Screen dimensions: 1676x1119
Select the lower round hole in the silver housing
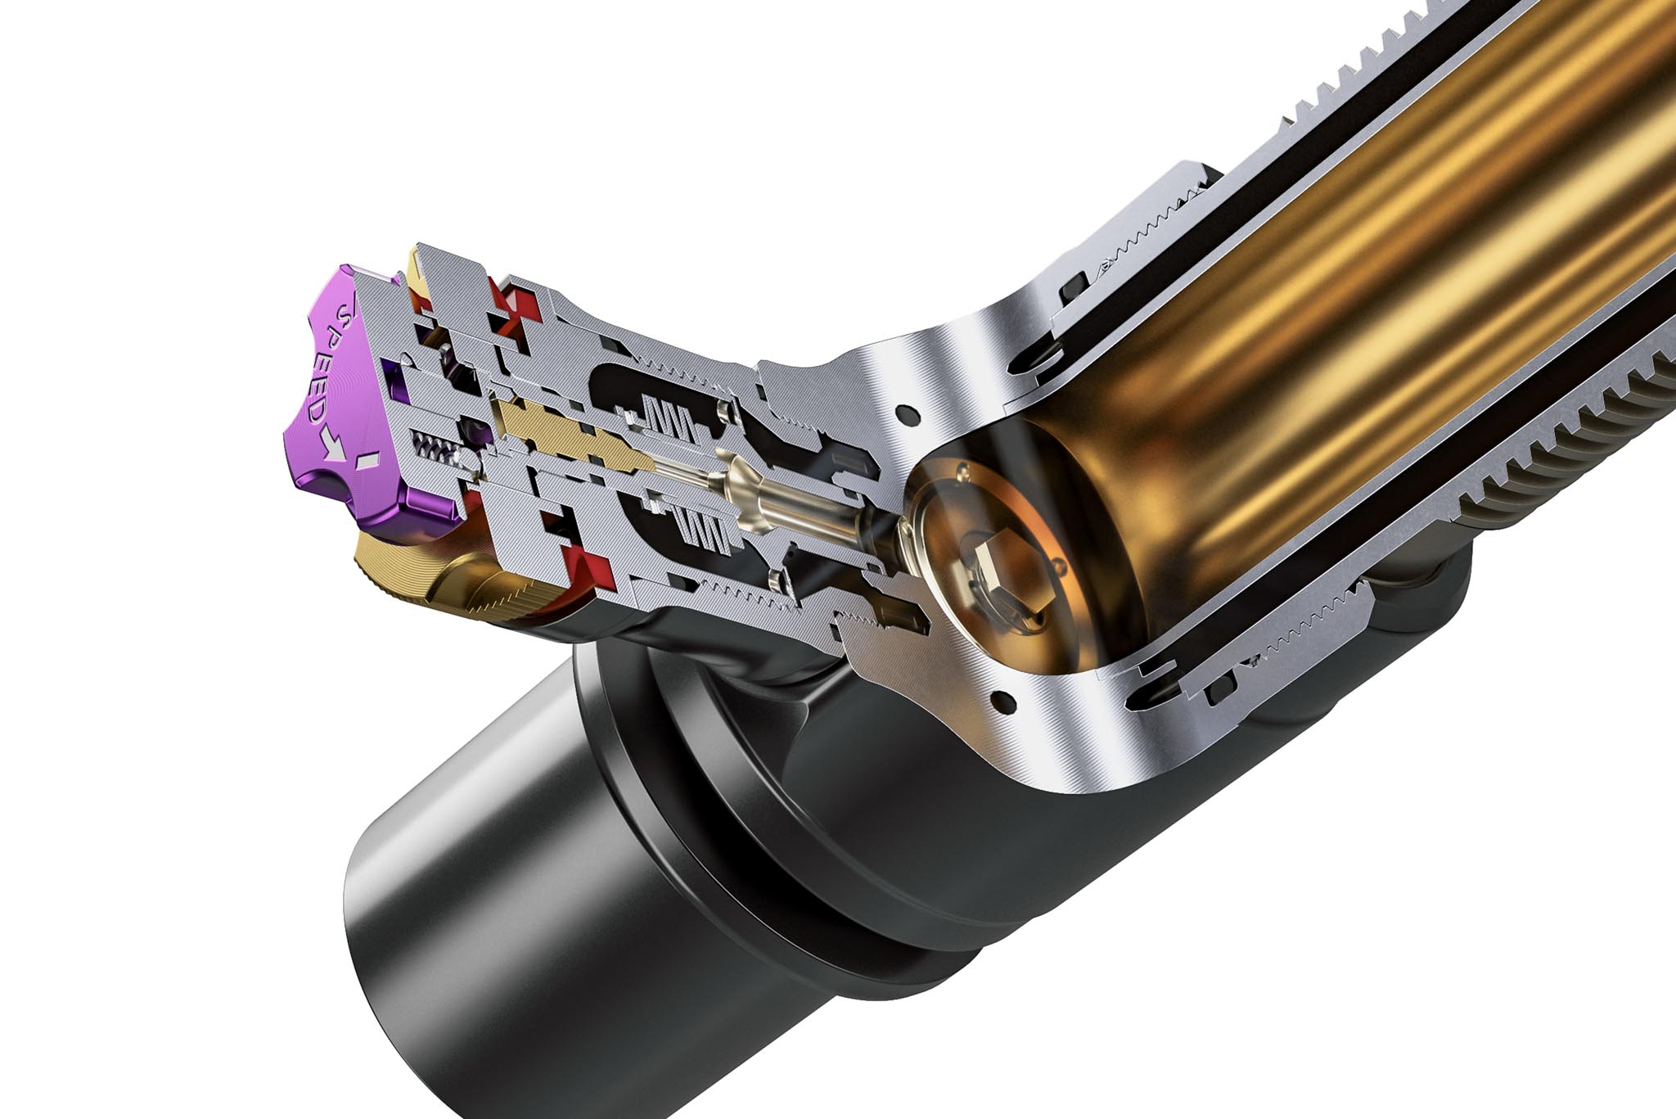coord(1000,699)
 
